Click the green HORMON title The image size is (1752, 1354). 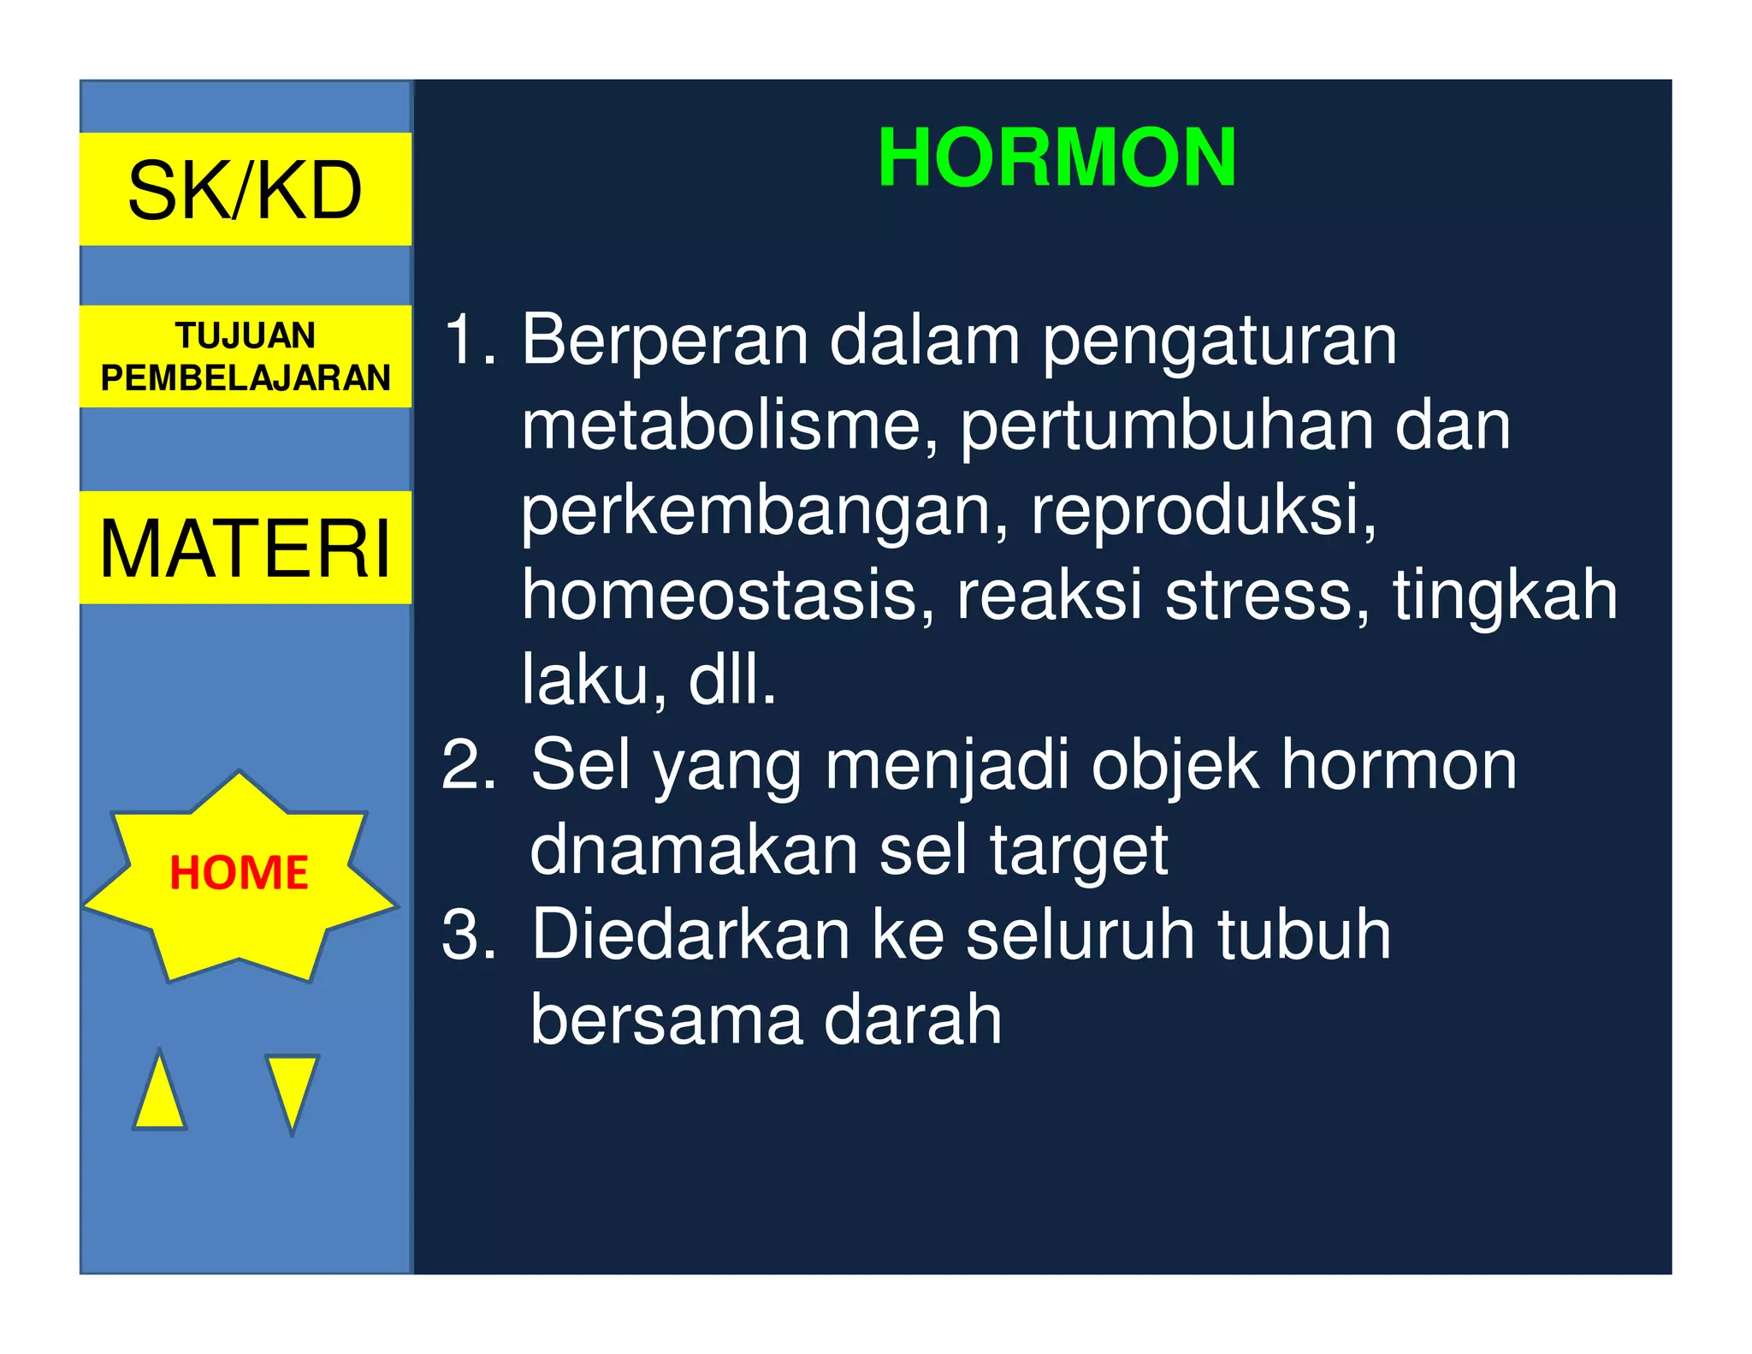tap(1057, 157)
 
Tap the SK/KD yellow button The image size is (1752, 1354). tap(246, 190)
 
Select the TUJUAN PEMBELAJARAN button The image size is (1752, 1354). tap(246, 356)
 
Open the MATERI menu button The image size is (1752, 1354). tap(246, 548)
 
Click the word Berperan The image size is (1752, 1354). tap(665, 341)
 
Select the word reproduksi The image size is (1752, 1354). tap(1203, 510)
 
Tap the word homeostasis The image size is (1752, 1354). tap(728, 595)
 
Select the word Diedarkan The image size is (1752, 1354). tap(690, 935)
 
